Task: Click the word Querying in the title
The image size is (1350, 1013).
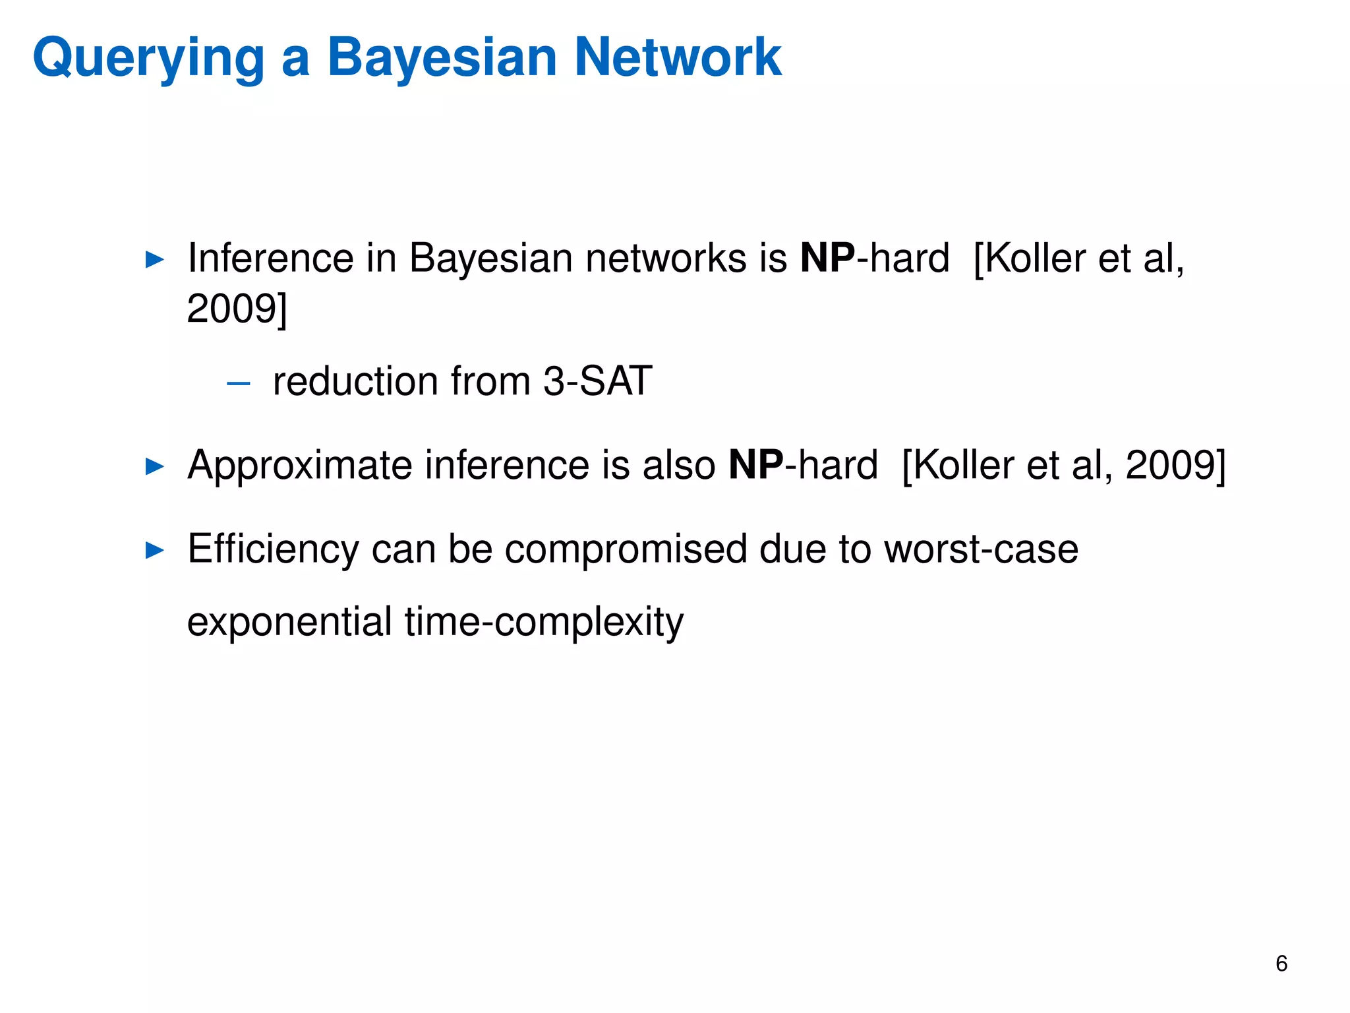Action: coord(148,58)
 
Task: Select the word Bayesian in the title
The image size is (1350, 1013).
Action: coord(442,58)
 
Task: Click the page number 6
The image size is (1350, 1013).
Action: coord(1281,964)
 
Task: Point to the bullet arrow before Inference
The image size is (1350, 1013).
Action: coord(154,259)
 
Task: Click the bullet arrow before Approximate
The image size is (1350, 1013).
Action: coord(154,466)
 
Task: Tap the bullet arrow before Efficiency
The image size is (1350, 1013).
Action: coord(154,549)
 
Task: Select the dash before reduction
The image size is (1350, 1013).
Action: coord(238,383)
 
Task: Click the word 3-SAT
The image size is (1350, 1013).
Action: coord(597,381)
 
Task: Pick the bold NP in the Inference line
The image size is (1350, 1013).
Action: coord(827,258)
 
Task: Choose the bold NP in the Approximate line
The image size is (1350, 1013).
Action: coord(756,465)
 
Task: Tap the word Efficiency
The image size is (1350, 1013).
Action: coord(273,549)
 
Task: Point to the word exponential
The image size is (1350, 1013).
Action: coord(289,622)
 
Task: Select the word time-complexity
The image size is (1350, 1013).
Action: coord(544,622)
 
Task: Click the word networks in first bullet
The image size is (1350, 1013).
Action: coord(665,258)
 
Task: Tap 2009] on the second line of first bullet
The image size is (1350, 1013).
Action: coord(237,309)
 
